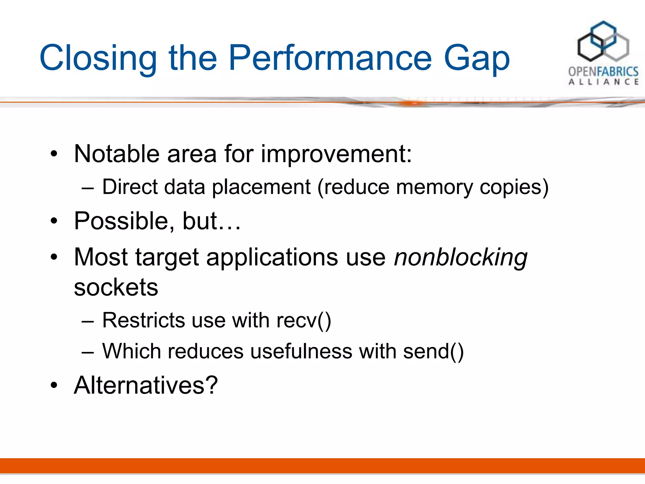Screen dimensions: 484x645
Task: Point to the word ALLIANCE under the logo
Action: pos(603,82)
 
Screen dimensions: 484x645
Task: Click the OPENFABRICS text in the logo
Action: pos(603,72)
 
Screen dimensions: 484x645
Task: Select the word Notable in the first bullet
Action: pos(117,154)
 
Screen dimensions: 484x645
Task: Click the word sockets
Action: pos(116,287)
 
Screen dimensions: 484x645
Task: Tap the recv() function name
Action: pos(304,321)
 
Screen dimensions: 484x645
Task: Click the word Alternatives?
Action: pos(146,385)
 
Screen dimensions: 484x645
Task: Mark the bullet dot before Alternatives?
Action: pos(54,385)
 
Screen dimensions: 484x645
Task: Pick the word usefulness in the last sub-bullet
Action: pos(301,351)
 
